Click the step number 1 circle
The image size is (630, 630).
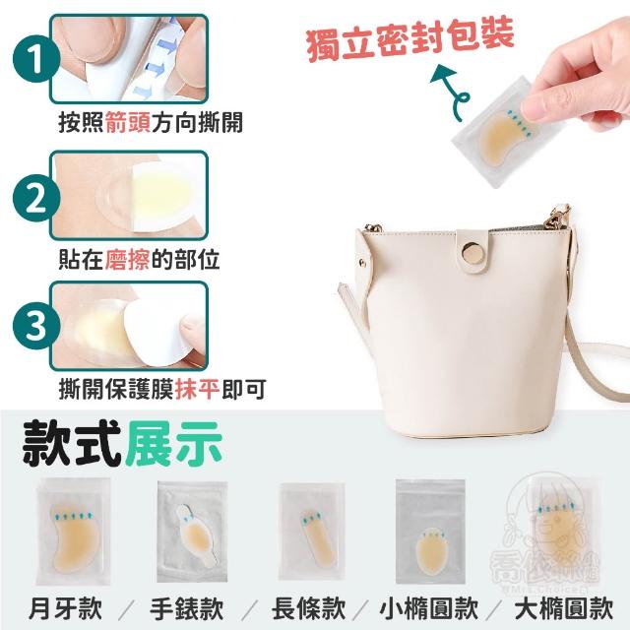tap(36, 59)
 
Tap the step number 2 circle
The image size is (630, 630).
tap(36, 198)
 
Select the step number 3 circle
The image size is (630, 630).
tap(36, 326)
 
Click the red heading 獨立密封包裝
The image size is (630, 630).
tap(409, 38)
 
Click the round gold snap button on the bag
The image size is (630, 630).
tap(473, 253)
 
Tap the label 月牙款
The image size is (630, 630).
tap(66, 608)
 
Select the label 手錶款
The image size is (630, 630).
tap(187, 608)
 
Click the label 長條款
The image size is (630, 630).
tap(308, 608)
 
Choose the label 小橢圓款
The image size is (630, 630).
tap(429, 608)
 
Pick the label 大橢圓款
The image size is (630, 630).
tap(564, 608)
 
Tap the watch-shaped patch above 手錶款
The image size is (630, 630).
tap(196, 535)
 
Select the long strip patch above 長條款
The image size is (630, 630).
tap(317, 538)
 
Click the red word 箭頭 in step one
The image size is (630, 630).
tap(128, 122)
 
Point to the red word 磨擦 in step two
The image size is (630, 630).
tap(128, 259)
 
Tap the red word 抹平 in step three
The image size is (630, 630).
tap(197, 389)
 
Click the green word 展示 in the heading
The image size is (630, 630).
tap(173, 444)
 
